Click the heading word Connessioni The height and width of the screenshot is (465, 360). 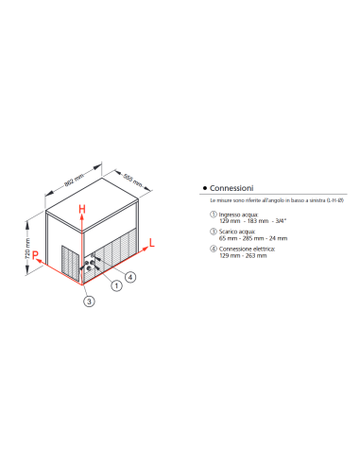[232, 188]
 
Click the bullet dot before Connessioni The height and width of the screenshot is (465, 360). [205, 188]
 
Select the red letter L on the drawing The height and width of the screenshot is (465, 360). [150, 243]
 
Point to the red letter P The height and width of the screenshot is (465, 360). [35, 255]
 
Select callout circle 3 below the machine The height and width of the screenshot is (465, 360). [87, 301]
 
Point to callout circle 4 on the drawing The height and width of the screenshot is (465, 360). [130, 277]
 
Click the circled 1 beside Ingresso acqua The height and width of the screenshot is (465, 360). [213, 215]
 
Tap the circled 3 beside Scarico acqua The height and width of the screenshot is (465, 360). [213, 232]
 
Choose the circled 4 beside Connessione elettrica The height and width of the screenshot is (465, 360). [213, 248]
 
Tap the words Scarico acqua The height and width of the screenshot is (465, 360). [236, 232]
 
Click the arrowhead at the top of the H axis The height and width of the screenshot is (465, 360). [82, 215]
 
